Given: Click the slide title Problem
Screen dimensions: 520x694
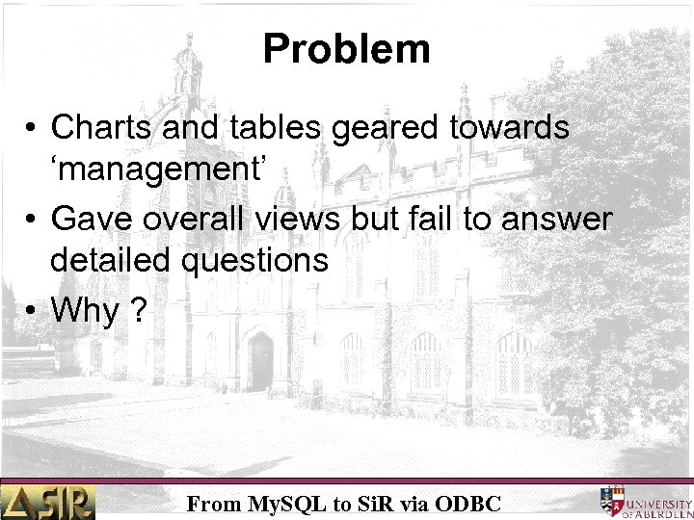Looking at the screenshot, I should point(346,49).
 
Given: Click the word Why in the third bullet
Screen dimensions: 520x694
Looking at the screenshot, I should point(85,311).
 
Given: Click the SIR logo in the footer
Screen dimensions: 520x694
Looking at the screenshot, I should point(48,501).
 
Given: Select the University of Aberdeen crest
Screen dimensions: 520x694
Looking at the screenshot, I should point(613,500).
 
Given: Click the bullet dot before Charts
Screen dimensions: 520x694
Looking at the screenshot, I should point(33,128).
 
